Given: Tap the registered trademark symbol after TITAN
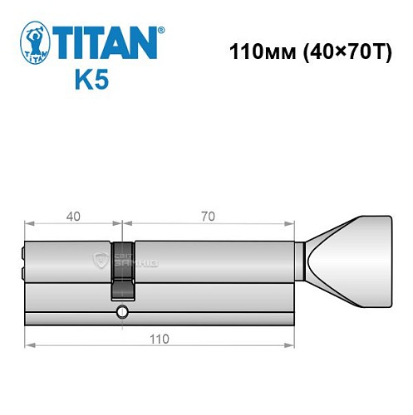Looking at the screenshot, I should point(161,30).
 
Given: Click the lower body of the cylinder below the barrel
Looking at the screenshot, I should point(208,303).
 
